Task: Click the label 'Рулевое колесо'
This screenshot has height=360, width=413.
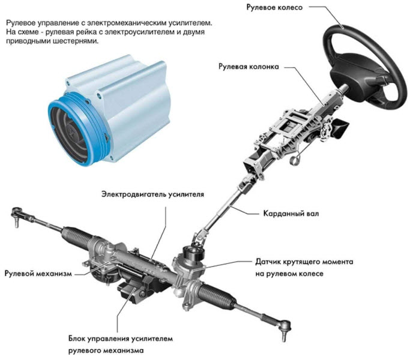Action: tap(274, 7)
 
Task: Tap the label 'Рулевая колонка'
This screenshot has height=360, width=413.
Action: tap(249, 67)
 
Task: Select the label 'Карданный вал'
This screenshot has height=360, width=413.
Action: tap(291, 213)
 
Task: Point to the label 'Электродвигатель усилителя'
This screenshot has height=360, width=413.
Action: tap(152, 194)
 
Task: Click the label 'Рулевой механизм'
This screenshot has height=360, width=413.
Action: tap(38, 274)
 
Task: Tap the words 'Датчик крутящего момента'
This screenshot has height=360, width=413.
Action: tap(304, 262)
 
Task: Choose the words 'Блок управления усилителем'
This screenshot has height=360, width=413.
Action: tap(121, 338)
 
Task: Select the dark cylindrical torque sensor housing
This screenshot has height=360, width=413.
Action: tap(195, 254)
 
